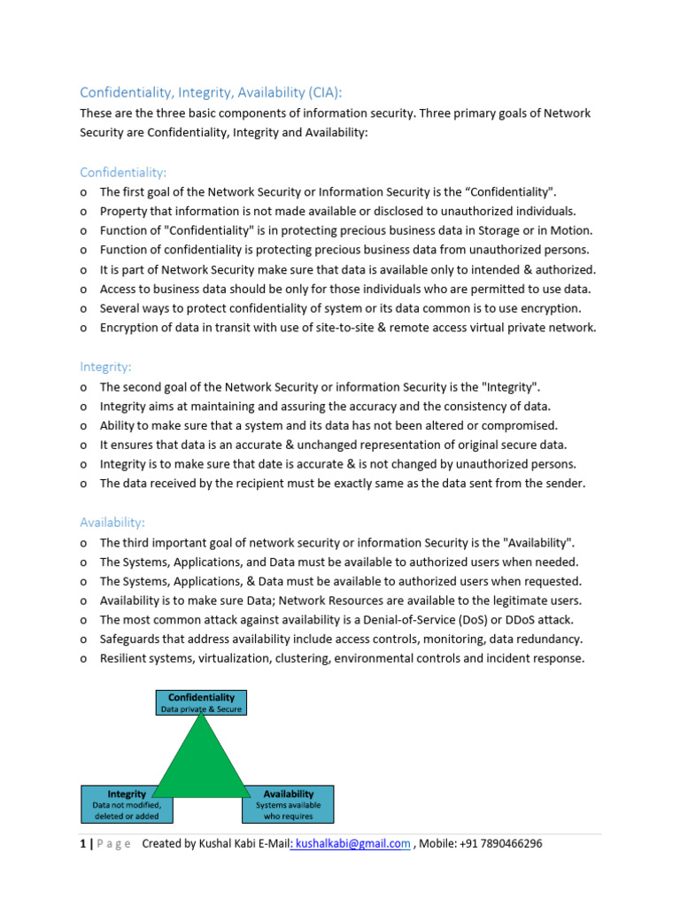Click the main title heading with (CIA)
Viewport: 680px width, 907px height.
(211, 92)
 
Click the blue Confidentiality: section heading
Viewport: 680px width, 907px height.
(123, 172)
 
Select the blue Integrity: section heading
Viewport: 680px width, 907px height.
(105, 367)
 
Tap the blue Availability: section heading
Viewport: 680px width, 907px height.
(112, 523)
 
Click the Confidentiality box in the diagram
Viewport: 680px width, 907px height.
(201, 702)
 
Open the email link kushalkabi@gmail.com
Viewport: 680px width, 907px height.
(352, 843)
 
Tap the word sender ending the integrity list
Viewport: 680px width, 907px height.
(564, 484)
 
